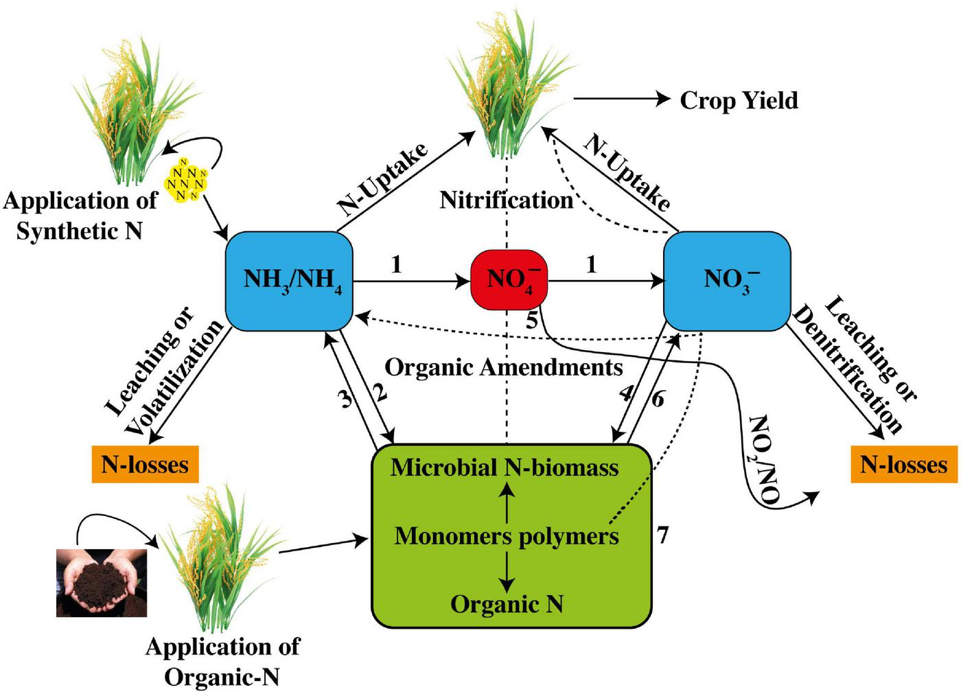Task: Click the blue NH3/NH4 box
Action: [289, 281]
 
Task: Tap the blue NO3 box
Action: [726, 281]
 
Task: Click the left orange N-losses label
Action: [144, 465]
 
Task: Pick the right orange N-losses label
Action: [903, 465]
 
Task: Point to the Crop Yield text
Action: [739, 100]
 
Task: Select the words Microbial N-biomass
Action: [505, 467]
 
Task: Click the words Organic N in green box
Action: [507, 604]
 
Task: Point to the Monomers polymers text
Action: [507, 535]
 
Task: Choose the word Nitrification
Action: [507, 200]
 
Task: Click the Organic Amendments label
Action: [503, 367]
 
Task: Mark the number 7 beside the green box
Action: [662, 535]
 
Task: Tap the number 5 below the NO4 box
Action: [532, 321]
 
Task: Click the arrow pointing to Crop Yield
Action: [621, 100]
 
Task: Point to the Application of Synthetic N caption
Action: [80, 216]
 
